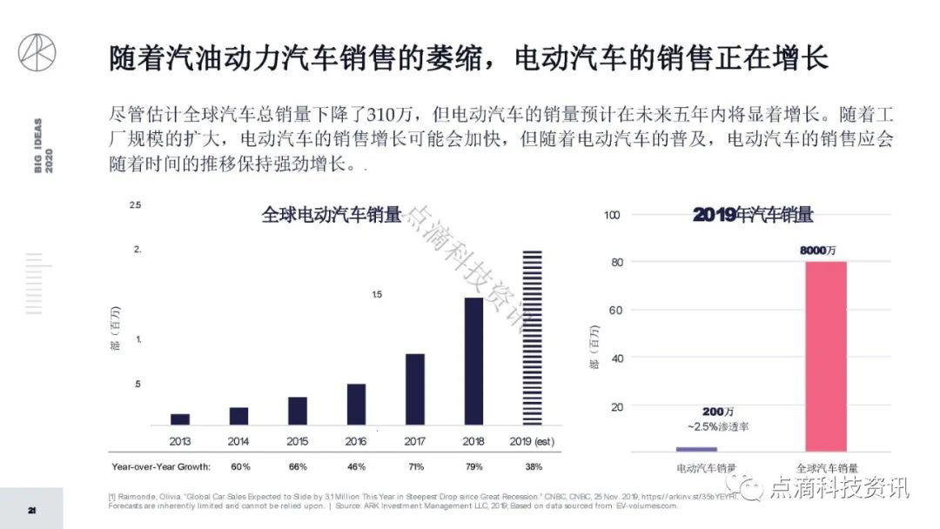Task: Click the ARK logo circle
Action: click(x=37, y=53)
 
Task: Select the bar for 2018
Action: click(x=473, y=361)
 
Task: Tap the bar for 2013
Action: click(x=180, y=419)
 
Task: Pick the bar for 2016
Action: click(x=356, y=404)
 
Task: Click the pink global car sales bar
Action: click(x=826, y=356)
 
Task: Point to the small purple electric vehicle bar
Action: click(x=696, y=449)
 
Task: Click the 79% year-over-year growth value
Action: click(x=474, y=466)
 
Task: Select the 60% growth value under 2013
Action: click(x=240, y=466)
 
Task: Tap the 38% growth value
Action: click(x=533, y=466)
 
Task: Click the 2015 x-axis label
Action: click(x=298, y=441)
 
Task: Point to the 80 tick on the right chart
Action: click(x=618, y=262)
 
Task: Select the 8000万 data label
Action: click(x=818, y=250)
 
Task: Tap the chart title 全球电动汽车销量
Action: click(x=332, y=215)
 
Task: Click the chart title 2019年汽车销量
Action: click(x=753, y=215)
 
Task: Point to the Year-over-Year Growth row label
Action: click(x=161, y=466)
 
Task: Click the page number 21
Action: click(x=31, y=509)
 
